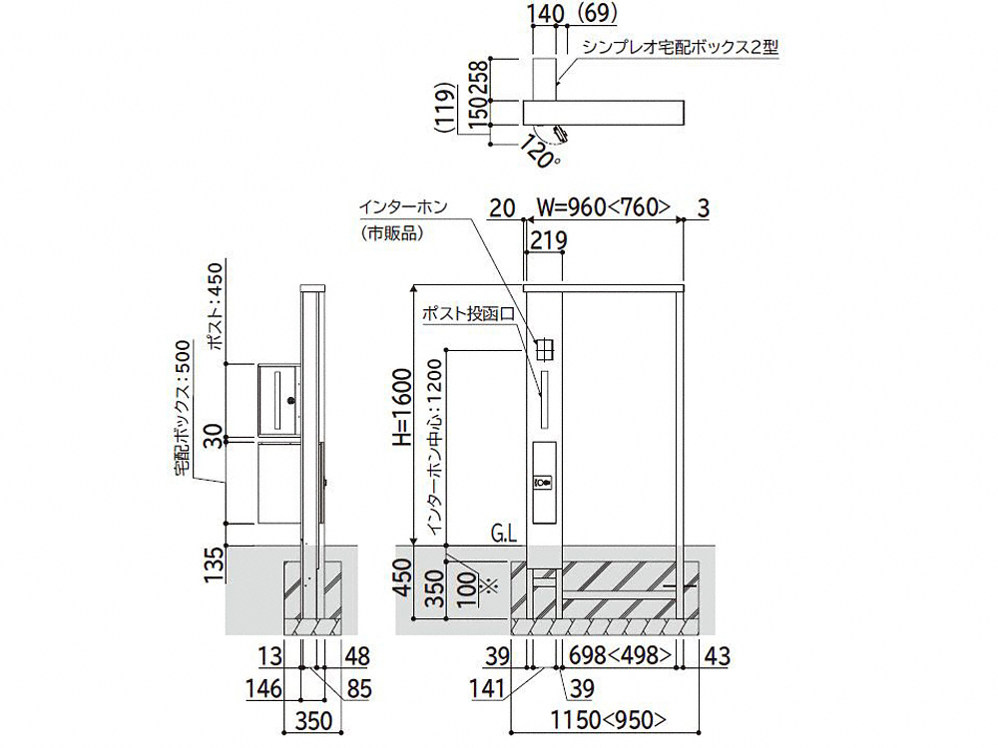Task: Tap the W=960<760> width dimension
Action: (602, 208)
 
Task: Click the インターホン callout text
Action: (403, 207)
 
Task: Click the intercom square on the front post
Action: (544, 349)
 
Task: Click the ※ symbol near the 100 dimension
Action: (488, 585)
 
